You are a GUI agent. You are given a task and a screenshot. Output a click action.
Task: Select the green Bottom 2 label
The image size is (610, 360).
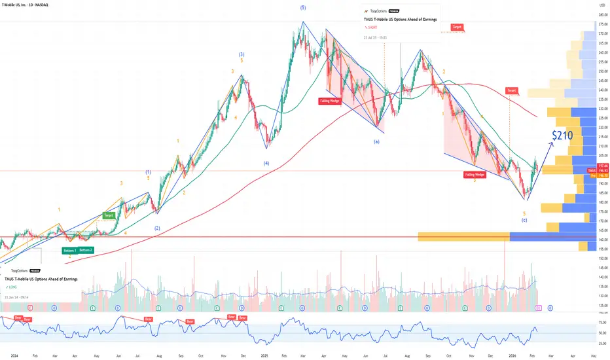coord(86,250)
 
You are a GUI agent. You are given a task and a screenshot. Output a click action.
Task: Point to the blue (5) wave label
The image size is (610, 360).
coord(302,7)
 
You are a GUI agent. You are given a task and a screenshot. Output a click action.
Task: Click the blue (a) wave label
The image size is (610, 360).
coord(376,141)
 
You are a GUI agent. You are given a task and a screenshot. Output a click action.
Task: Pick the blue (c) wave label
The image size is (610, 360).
coord(524,220)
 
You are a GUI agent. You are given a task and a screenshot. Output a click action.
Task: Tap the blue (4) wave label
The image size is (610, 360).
coord(266,162)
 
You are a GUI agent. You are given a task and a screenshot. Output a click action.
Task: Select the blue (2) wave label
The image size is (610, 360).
coord(157,228)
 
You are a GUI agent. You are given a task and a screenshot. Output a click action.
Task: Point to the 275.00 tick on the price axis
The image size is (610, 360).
coord(601,24)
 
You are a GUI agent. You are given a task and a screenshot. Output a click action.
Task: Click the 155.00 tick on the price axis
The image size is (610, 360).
coord(601,249)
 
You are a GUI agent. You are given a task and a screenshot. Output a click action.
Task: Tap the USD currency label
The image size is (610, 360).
coord(601,6)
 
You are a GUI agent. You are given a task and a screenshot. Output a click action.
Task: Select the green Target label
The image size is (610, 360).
coord(109,215)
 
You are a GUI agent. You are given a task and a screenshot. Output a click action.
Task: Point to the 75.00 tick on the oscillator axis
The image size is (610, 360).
coord(601,323)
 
